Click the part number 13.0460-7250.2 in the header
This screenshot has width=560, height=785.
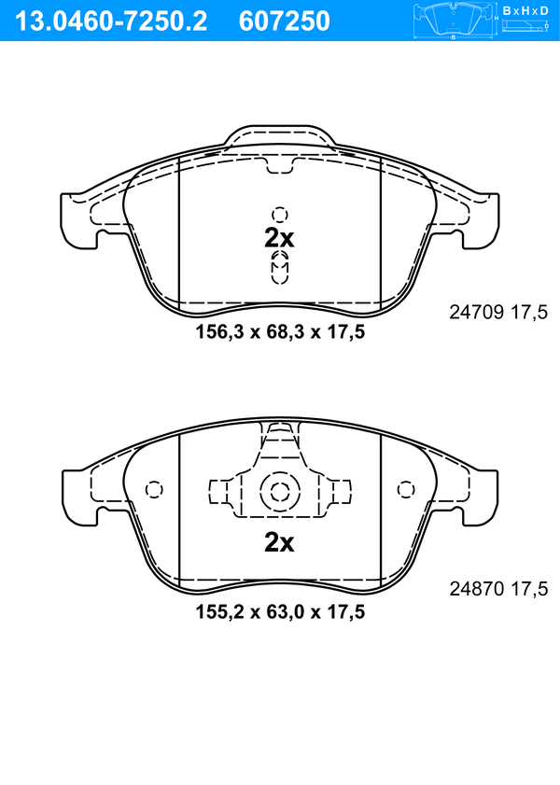pyautogui.click(x=110, y=21)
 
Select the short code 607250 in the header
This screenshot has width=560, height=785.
pyautogui.click(x=285, y=21)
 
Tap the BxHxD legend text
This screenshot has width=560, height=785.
pyautogui.click(x=525, y=10)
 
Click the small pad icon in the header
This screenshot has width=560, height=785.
pyautogui.click(x=453, y=21)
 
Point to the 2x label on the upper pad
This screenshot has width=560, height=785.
pyautogui.click(x=279, y=239)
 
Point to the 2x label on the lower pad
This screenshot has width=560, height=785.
pyautogui.click(x=279, y=542)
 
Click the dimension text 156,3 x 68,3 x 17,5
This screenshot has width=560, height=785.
pyautogui.click(x=280, y=331)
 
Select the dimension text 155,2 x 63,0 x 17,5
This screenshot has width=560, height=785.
pyautogui.click(x=280, y=611)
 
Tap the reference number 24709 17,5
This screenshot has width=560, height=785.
pyautogui.click(x=498, y=313)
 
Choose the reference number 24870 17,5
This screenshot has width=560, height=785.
pyautogui.click(x=498, y=589)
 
